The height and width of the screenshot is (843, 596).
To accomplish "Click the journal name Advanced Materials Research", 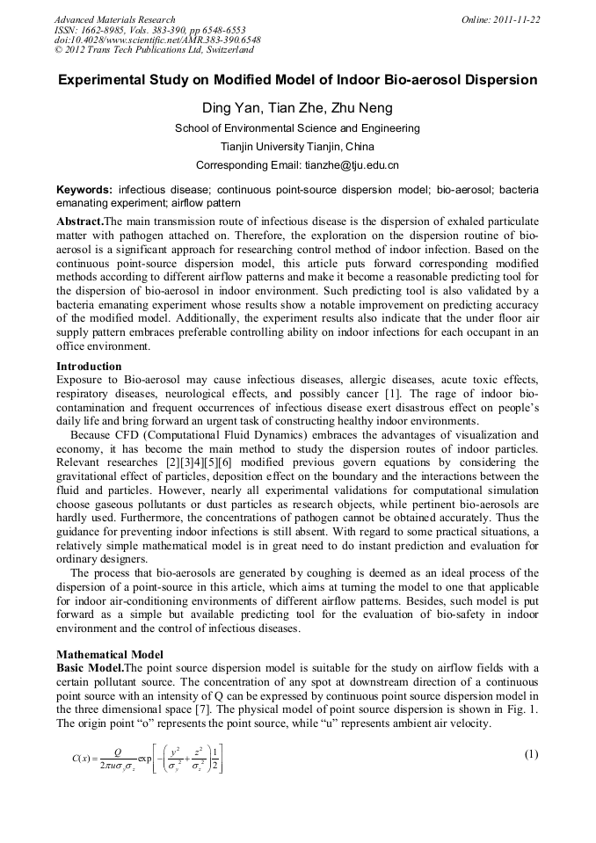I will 114,19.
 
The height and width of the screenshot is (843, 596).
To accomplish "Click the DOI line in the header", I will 157,40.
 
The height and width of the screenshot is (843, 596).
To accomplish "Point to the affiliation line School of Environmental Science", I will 297,127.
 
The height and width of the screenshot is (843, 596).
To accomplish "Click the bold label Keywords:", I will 84,189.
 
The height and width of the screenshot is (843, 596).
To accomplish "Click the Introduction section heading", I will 89,366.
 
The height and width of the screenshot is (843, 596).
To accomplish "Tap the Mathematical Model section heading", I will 110,655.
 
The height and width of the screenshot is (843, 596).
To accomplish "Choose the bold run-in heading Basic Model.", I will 90,668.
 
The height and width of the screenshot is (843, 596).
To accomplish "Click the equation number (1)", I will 530,753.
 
